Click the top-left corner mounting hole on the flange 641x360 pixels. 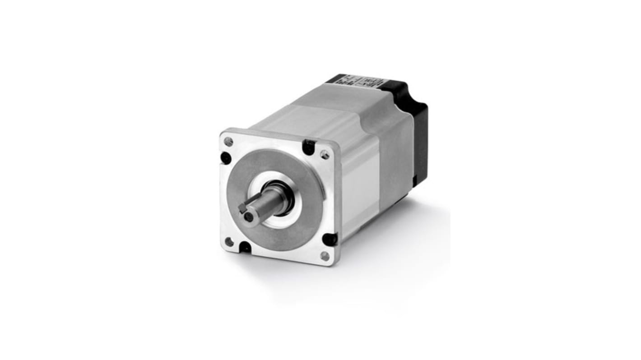click(229, 142)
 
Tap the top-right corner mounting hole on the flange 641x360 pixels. click(325, 155)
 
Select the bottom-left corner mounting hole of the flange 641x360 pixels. click(229, 242)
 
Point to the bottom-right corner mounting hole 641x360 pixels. click(325, 256)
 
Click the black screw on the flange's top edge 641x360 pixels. click(309, 146)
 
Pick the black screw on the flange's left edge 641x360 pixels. click(225, 158)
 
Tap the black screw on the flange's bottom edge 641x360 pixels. click(245, 247)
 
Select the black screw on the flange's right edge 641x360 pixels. click(330, 239)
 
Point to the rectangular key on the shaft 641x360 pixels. click(242, 208)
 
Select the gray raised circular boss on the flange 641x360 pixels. click(307, 212)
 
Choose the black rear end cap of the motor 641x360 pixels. click(418, 135)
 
